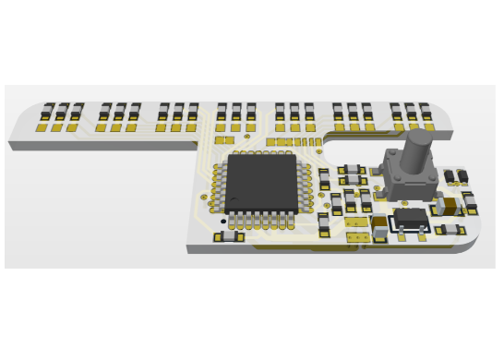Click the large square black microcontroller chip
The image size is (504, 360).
point(261,183)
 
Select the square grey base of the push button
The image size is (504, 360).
point(410,179)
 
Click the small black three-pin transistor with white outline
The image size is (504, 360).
point(411,218)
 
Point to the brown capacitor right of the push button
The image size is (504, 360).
point(450,206)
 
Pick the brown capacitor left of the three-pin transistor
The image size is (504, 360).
point(379,224)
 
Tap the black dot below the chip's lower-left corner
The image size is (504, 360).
point(223,222)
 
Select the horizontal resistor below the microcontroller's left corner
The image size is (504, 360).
point(229,236)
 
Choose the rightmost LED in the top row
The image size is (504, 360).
point(425,112)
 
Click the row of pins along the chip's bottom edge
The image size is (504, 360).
point(261,220)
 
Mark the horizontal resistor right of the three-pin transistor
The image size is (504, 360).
point(450,229)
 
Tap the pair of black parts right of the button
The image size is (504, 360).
point(456,175)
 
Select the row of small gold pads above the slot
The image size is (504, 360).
point(294,142)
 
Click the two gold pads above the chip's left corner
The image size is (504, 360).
point(224,140)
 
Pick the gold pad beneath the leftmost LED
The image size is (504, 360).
point(42,127)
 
